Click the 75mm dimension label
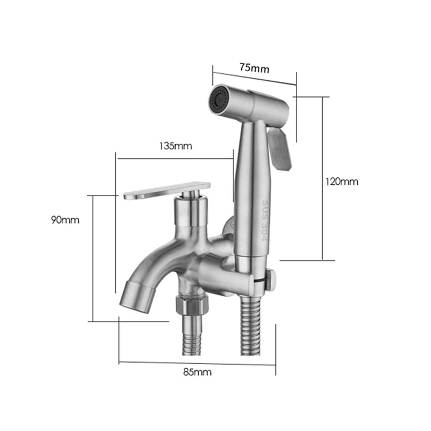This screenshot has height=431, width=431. click(x=254, y=68)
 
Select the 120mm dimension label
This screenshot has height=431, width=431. click(x=342, y=182)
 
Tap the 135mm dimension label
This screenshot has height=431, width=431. click(x=175, y=146)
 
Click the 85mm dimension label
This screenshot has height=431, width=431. click(x=197, y=371)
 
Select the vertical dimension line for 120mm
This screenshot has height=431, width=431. click(x=322, y=178)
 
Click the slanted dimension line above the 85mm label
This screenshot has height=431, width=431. click(x=197, y=363)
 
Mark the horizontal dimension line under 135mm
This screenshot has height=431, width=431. click(x=175, y=158)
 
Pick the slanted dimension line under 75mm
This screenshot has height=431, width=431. click(x=254, y=75)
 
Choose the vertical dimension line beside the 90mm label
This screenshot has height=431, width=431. click(x=94, y=259)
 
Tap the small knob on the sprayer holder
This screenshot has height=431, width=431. click(x=272, y=279)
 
